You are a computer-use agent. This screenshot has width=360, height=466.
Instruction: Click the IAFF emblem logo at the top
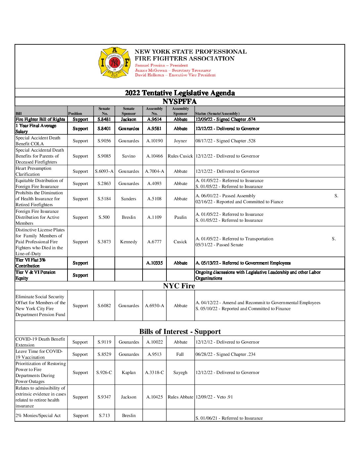tap(114, 62)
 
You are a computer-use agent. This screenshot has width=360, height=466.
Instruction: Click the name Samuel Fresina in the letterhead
tap(150, 66)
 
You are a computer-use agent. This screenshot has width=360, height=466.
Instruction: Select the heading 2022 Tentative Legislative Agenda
tap(180, 93)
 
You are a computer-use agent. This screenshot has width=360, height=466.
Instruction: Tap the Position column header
tap(75, 114)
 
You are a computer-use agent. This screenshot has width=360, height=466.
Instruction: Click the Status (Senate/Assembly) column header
tap(217, 114)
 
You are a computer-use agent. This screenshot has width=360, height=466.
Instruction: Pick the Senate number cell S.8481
tap(104, 119)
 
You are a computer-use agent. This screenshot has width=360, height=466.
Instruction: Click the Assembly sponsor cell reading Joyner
tap(180, 141)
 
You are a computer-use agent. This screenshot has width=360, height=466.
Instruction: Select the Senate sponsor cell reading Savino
tap(129, 156)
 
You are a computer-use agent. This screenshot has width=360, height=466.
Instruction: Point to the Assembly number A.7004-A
tap(155, 171)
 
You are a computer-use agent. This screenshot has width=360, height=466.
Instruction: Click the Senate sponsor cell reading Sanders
tap(129, 199)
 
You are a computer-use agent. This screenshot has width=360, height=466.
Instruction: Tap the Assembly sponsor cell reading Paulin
tap(180, 217)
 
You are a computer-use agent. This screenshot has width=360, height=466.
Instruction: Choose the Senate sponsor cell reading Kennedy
tap(129, 242)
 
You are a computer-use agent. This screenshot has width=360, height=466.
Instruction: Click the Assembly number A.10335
tap(155, 263)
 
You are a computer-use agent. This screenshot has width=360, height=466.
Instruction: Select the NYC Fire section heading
tap(179, 286)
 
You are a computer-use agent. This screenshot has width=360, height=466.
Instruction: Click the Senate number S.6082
tap(104, 306)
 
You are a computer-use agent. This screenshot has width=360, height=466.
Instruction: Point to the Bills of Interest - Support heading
tap(180, 332)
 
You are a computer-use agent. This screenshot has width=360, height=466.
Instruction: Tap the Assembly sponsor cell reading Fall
tap(180, 354)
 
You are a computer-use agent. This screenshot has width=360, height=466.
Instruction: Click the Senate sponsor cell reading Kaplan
tap(129, 373)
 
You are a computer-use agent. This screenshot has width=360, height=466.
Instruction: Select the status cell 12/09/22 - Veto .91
tap(214, 397)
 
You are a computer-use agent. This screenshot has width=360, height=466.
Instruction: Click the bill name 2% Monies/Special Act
tap(38, 416)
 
